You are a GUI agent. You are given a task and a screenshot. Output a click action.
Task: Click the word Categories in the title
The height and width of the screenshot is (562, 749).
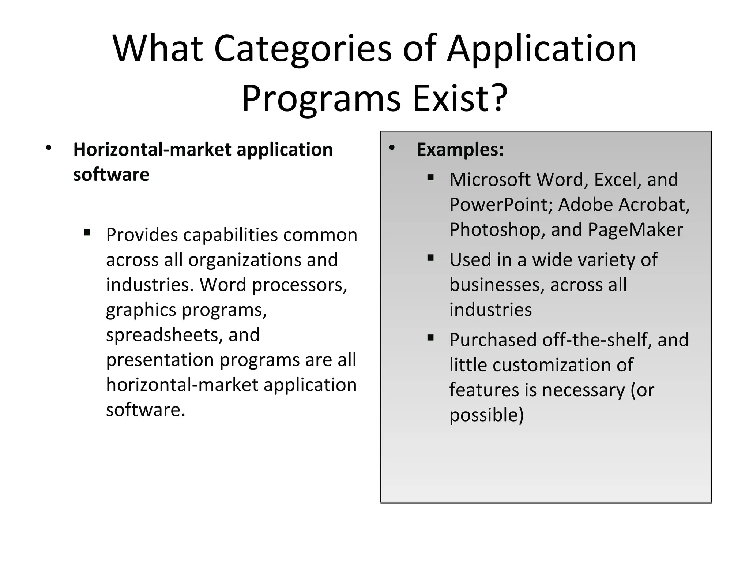pyautogui.click(x=302, y=49)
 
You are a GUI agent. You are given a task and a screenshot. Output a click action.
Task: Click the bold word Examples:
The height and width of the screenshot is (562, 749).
pyautogui.click(x=460, y=149)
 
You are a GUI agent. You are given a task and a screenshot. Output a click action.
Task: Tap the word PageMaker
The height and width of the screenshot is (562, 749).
pyautogui.click(x=635, y=230)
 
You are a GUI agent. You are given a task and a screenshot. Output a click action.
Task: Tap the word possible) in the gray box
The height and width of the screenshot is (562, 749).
pyautogui.click(x=486, y=415)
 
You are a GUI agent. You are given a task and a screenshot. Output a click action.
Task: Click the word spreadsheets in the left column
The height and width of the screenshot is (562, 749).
pyautogui.click(x=165, y=335)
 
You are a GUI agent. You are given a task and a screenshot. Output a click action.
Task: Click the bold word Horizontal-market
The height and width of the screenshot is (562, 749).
pyautogui.click(x=152, y=149)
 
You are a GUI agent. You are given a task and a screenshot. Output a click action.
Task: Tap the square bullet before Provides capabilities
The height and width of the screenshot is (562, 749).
pyautogui.click(x=87, y=233)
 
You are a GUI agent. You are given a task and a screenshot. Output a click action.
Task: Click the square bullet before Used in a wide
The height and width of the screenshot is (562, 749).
pyautogui.click(x=430, y=258)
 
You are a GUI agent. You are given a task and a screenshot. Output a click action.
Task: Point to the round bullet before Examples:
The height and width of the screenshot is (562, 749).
pyautogui.click(x=392, y=148)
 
